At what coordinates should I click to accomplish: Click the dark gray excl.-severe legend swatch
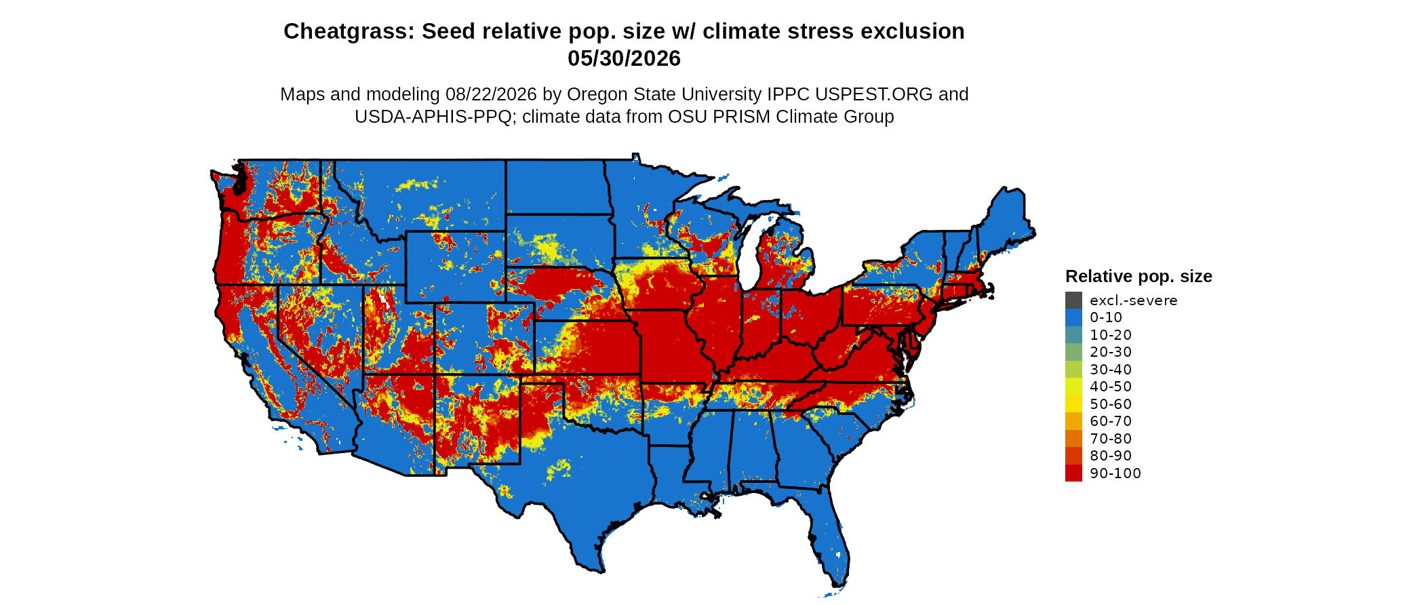tap(1073, 300)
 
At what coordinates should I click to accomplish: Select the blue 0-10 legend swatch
tap(1073, 317)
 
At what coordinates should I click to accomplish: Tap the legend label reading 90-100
tap(1115, 473)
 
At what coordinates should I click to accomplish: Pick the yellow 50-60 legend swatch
tap(1073, 404)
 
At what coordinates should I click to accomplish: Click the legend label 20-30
tap(1111, 352)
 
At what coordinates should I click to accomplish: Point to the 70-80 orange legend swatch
tap(1073, 438)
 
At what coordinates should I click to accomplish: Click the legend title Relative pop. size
tap(1139, 276)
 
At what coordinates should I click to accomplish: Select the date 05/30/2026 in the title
tap(624, 58)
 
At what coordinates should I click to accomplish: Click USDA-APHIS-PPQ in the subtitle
tap(433, 117)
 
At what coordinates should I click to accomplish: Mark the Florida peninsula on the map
tap(827, 536)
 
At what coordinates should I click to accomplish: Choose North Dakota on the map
tap(556, 187)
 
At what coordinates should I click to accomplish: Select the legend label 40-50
tap(1111, 387)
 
